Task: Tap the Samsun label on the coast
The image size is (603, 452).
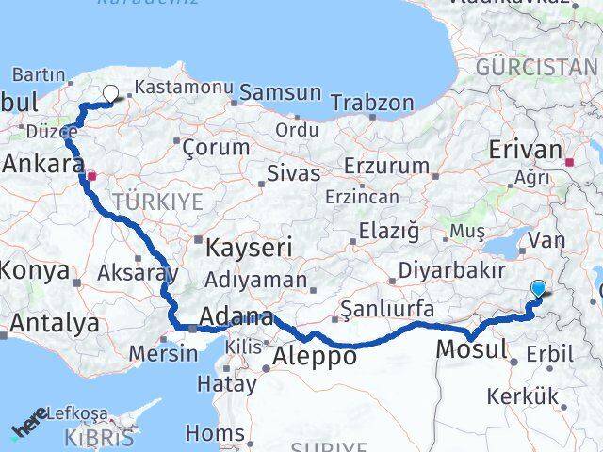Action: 281,93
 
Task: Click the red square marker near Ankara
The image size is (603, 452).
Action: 91,175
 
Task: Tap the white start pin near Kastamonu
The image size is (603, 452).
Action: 111,93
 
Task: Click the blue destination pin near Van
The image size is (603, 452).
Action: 539,290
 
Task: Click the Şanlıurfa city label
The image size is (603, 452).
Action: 387,308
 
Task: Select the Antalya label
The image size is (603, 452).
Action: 55,323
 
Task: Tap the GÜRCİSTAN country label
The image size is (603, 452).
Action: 536,68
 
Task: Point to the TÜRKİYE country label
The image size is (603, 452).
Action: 157,201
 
